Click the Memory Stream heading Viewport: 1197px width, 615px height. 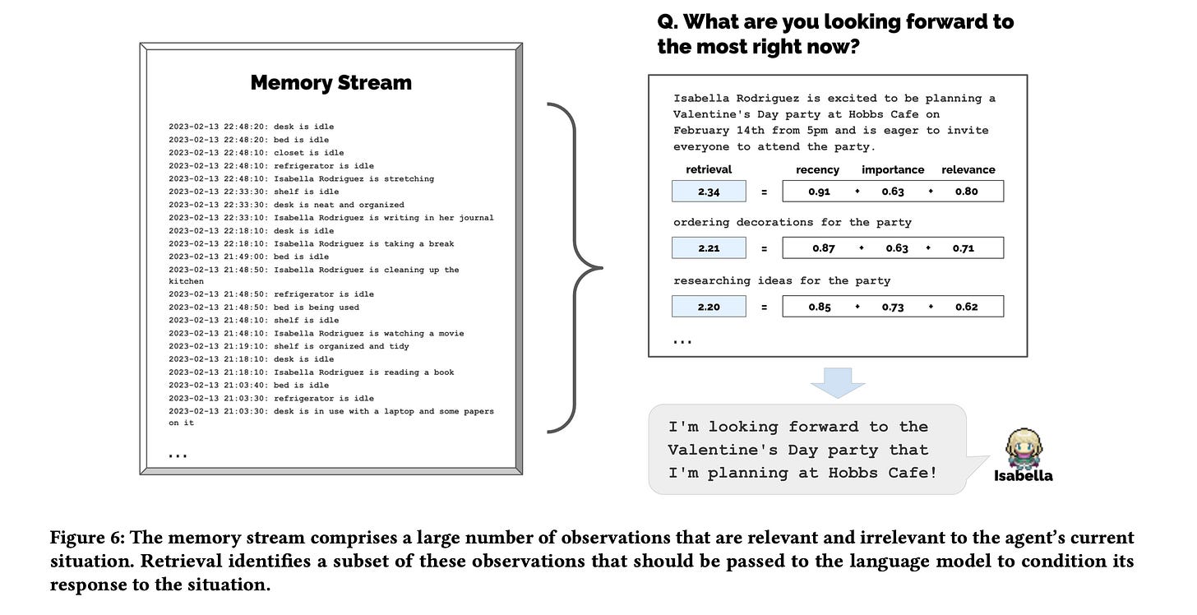pyautogui.click(x=330, y=83)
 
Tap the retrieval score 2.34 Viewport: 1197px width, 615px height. pyautogui.click(x=709, y=192)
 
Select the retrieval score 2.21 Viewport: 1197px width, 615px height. pyautogui.click(x=709, y=247)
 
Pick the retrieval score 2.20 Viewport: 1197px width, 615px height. pyautogui.click(x=709, y=307)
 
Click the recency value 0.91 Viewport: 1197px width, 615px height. pyautogui.click(x=818, y=192)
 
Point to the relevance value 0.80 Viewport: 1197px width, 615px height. pyautogui.click(x=967, y=192)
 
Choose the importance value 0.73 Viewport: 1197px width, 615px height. pyautogui.click(x=893, y=307)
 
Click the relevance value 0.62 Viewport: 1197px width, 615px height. pyautogui.click(x=967, y=307)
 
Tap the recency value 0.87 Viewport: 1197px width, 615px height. pyautogui.click(x=823, y=247)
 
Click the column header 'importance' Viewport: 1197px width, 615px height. pyautogui.click(x=893, y=169)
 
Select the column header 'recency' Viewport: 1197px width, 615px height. pyautogui.click(x=817, y=169)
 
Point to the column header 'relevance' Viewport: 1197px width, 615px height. pyautogui.click(x=968, y=169)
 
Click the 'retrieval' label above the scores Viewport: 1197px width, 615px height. pyautogui.click(x=709, y=169)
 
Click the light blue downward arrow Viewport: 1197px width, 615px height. pyautogui.click(x=837, y=382)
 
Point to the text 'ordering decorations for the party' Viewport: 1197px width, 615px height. pyautogui.click(x=792, y=222)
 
